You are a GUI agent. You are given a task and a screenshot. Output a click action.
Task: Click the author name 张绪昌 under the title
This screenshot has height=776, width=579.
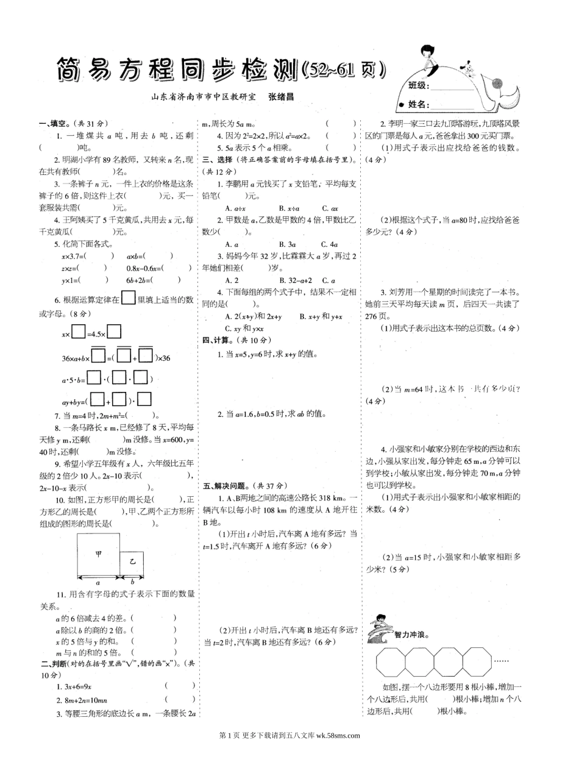tap(281, 96)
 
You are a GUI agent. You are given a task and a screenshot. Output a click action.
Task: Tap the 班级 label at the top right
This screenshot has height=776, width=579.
tap(419, 86)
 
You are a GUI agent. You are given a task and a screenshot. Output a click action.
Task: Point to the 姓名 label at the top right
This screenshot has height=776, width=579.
tap(419, 105)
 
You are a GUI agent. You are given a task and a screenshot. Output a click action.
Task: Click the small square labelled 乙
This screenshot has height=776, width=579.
tap(132, 563)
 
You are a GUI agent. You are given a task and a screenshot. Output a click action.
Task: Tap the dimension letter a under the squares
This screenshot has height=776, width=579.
tap(98, 582)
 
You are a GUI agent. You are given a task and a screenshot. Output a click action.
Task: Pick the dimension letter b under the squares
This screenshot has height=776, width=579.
tap(132, 582)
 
